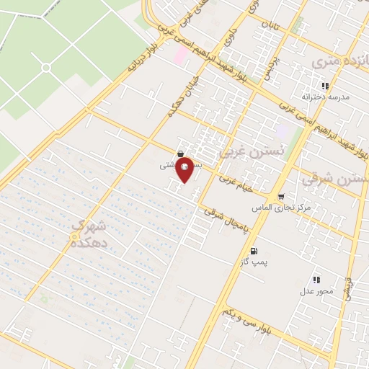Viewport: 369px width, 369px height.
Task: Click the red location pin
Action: [185, 170]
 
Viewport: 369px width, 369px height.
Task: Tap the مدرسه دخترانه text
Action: [324, 96]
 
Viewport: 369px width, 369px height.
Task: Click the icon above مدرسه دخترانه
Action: [325, 86]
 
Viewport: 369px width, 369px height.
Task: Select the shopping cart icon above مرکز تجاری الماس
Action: [280, 197]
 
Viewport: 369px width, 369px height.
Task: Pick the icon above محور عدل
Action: [316, 280]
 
